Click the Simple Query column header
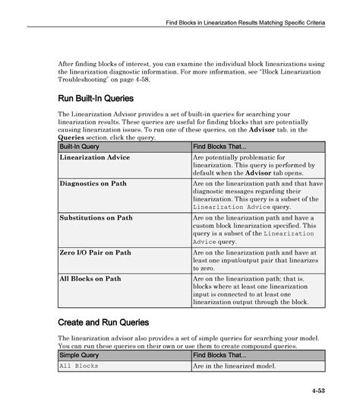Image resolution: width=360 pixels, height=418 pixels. click(x=77, y=355)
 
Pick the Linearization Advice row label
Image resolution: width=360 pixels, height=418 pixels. click(x=95, y=157)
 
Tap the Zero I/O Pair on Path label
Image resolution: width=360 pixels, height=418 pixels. click(x=95, y=252)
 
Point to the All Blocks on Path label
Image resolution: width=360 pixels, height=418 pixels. click(x=90, y=279)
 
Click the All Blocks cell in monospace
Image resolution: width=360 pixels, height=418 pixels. click(x=79, y=366)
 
